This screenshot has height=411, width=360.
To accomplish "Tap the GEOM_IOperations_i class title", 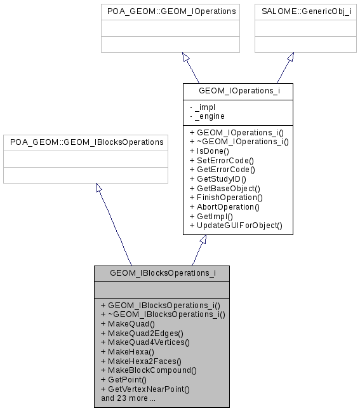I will tap(237, 91).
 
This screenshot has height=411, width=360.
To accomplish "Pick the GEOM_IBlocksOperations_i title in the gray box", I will tap(162, 273).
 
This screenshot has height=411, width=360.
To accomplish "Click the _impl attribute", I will tap(204, 107).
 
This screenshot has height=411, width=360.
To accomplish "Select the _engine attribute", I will tap(207, 116).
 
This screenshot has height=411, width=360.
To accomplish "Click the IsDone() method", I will tap(210, 152).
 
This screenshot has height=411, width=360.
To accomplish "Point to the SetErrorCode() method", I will tap(222, 161).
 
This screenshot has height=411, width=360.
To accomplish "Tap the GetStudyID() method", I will tap(218, 179).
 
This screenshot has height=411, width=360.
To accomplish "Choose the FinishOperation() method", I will tap(225, 198).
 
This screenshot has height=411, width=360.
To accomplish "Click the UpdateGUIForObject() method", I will tap(236, 225).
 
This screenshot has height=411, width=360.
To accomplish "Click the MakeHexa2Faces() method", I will tap(140, 360).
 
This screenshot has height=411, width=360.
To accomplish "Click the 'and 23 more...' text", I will tap(128, 398).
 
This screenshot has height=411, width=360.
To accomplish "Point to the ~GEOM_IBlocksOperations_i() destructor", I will tap(163, 314).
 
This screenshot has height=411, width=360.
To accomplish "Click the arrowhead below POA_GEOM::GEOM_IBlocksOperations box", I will tap(98, 189).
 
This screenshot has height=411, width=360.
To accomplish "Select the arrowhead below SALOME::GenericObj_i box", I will tap(290, 57).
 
